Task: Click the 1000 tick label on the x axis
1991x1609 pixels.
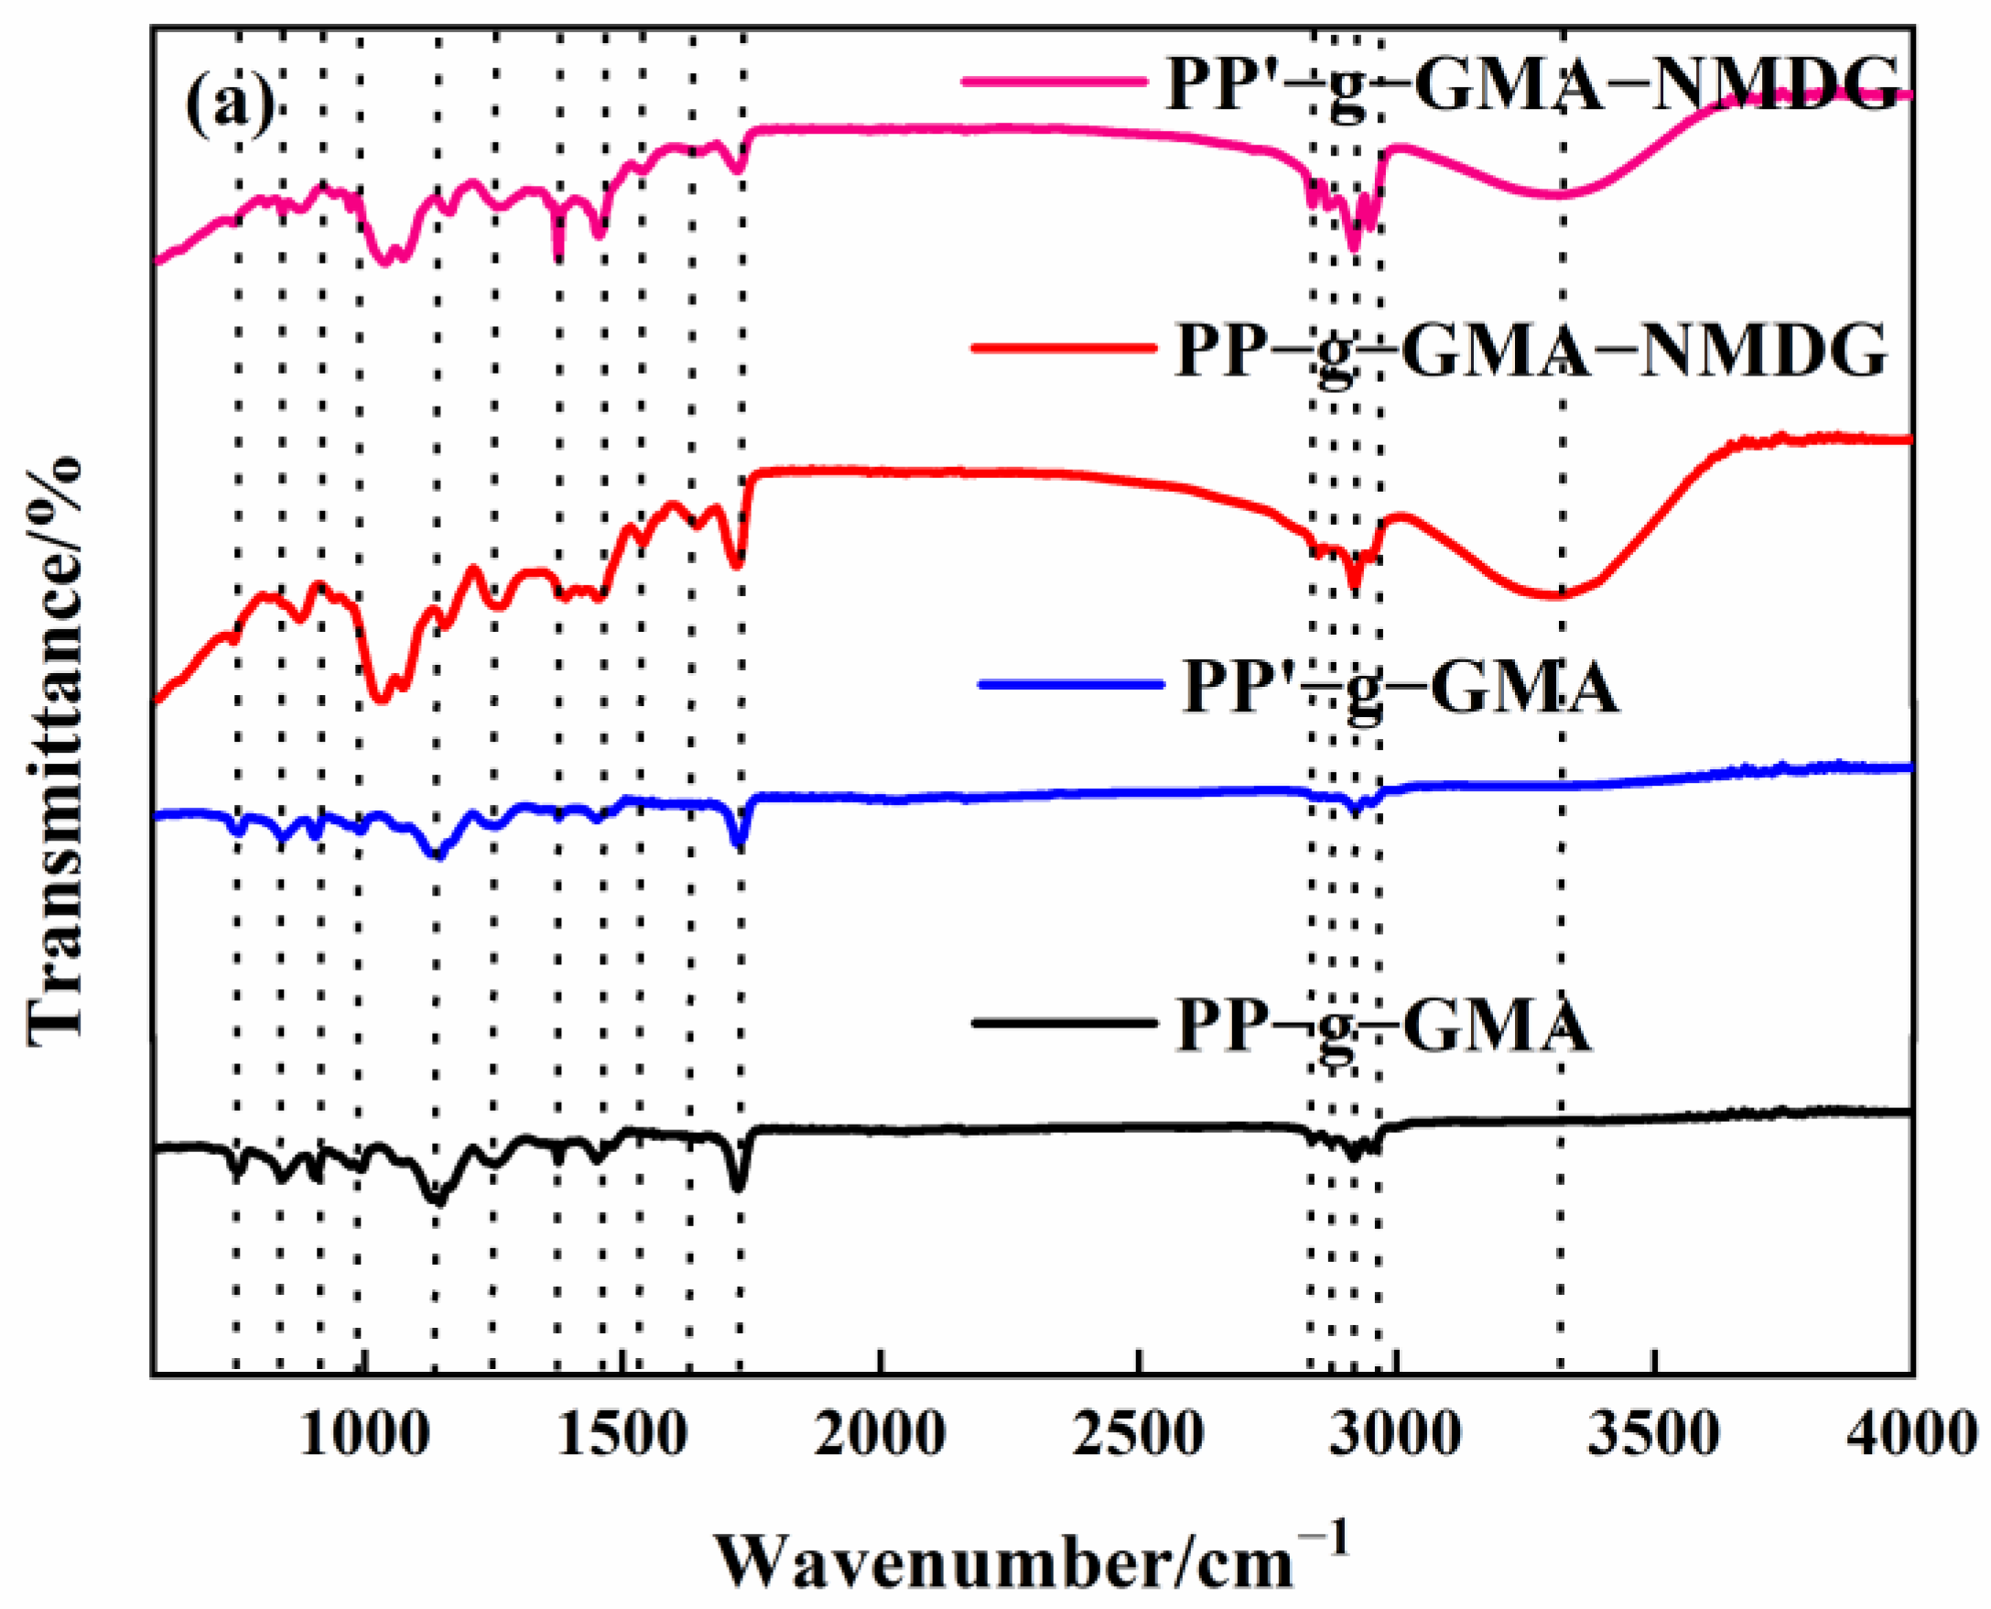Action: [x=365, y=1435]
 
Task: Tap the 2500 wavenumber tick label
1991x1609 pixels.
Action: [x=1139, y=1435]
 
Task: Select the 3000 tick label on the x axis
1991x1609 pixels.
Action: [x=1396, y=1435]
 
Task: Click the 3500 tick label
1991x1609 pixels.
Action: [x=1654, y=1435]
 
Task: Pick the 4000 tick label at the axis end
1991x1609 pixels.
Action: [x=1910, y=1435]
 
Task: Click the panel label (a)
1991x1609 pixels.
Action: [x=230, y=103]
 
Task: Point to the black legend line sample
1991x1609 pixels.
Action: [x=1065, y=1023]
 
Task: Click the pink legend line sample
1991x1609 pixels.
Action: [x=1056, y=82]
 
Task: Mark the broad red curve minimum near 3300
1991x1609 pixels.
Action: [x=1556, y=597]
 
